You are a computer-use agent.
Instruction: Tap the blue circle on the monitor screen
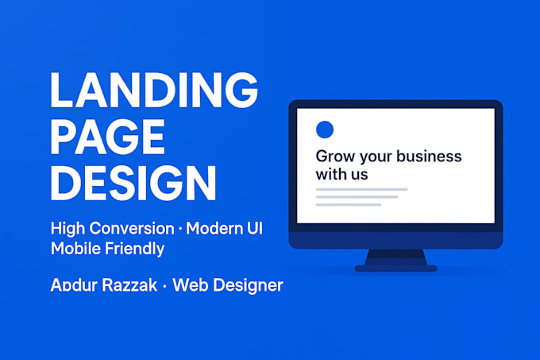click(x=324, y=130)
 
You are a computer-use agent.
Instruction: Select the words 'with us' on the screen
click(x=341, y=173)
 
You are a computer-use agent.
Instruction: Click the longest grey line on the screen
click(x=361, y=189)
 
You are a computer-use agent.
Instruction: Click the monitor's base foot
click(x=395, y=269)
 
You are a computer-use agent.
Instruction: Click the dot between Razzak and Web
click(x=164, y=285)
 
